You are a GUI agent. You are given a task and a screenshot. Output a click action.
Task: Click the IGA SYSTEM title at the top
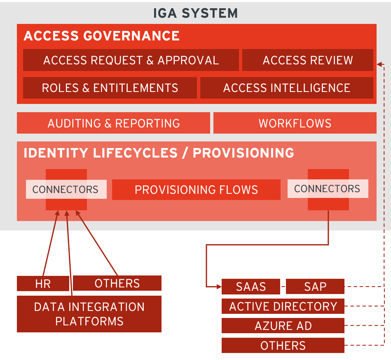195,13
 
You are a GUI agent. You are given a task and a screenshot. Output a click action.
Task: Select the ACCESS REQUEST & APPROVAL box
131,60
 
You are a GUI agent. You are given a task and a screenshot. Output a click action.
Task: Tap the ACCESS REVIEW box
307,60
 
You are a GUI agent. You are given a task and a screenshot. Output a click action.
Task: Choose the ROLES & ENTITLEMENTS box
110,88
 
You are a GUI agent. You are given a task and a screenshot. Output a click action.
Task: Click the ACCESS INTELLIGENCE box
286,88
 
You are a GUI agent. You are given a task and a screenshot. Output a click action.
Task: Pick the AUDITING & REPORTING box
113,123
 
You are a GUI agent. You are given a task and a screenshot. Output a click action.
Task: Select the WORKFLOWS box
295,123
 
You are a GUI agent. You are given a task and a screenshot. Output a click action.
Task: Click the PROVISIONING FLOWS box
196,190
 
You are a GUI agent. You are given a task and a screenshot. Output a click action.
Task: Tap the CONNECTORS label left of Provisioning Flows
66,190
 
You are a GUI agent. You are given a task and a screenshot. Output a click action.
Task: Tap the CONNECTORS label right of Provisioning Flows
327,189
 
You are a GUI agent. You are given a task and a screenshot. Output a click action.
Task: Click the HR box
43,283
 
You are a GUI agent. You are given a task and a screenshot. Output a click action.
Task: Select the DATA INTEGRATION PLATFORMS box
89,314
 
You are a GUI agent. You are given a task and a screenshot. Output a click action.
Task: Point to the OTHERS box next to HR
117,283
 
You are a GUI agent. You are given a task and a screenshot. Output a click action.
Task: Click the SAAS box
251,287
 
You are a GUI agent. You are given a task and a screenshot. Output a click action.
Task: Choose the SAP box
315,287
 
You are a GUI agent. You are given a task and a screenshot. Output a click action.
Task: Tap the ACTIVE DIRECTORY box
283,306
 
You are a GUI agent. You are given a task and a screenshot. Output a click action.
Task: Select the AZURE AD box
283,326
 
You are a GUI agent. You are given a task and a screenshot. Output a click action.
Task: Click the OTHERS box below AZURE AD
283,346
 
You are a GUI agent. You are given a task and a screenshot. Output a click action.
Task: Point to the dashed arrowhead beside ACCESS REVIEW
379,64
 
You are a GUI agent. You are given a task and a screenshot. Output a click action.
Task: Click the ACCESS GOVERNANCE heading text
101,36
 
